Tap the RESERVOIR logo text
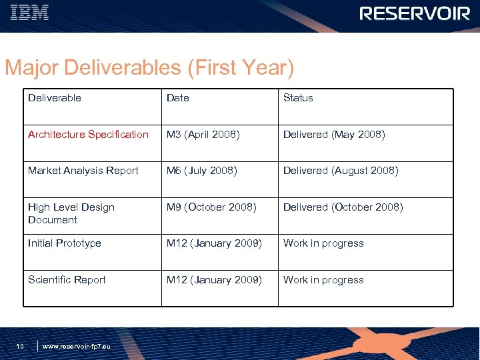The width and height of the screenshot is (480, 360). click(x=415, y=13)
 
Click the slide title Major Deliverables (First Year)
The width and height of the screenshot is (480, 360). click(x=149, y=68)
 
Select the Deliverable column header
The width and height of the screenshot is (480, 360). click(x=55, y=98)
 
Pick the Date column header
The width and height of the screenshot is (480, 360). click(x=178, y=98)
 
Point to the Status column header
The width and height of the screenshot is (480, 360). click(x=298, y=98)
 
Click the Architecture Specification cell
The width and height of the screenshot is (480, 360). click(x=88, y=135)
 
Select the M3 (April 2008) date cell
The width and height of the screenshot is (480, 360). click(x=203, y=135)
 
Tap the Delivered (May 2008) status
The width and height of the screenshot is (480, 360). click(x=334, y=135)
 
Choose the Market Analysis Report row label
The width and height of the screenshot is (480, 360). click(x=83, y=171)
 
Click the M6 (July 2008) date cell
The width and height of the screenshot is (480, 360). click(x=202, y=171)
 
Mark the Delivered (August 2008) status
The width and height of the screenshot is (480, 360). click(x=341, y=171)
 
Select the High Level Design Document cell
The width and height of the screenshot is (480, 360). click(x=71, y=213)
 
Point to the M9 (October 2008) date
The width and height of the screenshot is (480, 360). click(x=211, y=207)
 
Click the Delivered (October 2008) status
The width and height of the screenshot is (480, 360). click(x=343, y=207)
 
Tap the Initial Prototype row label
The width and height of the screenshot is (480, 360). click(x=65, y=243)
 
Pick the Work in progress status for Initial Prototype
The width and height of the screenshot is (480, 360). click(x=323, y=243)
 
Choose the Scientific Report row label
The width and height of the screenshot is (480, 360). click(x=67, y=280)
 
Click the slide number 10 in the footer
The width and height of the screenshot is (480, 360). click(x=20, y=346)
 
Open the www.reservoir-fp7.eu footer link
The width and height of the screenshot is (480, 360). click(x=77, y=347)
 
